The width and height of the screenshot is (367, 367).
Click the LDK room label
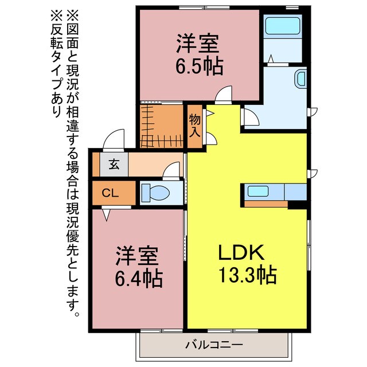[241, 253]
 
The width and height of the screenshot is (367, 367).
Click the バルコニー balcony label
[214, 345]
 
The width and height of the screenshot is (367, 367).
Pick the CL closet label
[110, 193]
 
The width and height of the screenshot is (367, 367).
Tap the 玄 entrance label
[114, 165]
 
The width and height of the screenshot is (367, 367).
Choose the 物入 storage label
[195, 126]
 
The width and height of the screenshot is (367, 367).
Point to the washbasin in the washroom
[301, 79]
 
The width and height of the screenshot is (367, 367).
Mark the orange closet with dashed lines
[161, 125]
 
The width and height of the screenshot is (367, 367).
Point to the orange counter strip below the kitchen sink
[266, 203]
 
